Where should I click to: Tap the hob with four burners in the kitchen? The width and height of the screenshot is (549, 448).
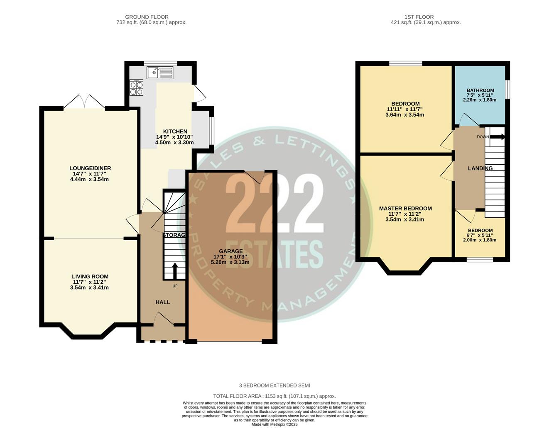click(136, 88)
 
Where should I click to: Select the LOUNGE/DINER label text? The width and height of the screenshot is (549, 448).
click(90, 168)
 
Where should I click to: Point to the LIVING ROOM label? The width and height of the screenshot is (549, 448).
click(90, 277)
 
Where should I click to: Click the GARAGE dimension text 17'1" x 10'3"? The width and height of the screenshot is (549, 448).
click(230, 257)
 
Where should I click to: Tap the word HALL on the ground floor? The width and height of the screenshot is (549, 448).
click(163, 302)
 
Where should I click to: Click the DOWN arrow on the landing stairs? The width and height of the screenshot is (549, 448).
click(497, 136)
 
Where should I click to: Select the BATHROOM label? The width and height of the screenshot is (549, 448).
click(480, 90)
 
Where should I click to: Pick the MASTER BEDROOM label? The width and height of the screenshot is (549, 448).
click(405, 209)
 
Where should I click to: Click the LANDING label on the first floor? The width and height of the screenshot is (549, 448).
click(480, 168)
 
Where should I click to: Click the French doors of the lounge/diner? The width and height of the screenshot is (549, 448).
click(84, 102)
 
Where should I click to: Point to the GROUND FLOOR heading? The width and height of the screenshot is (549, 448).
click(151, 17)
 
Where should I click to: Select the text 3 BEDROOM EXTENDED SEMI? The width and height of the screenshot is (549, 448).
click(274, 386)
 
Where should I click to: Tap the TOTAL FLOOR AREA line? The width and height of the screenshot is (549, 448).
click(274, 396)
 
